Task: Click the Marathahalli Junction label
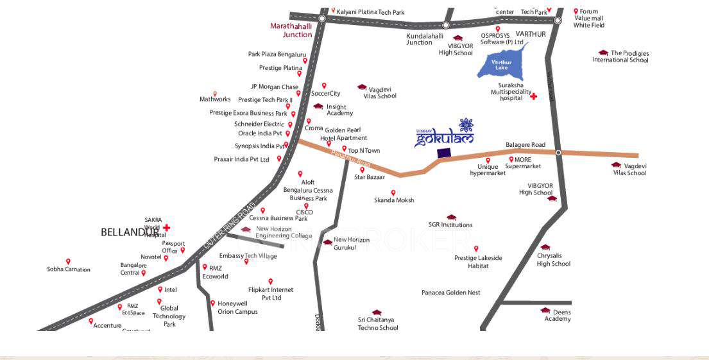[x=291, y=30]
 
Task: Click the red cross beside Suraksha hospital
[x=533, y=97]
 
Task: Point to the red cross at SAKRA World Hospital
[x=167, y=227]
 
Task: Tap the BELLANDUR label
[x=129, y=232]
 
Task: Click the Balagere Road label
[x=525, y=145]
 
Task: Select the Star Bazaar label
[x=370, y=176]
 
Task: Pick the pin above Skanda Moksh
[x=393, y=192]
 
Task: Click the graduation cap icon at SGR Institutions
[x=451, y=218]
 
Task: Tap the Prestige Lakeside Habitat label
[x=478, y=262]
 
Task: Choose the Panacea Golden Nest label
[x=450, y=293]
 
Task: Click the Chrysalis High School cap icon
[x=545, y=247]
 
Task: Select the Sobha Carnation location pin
[x=68, y=261]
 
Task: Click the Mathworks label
[x=215, y=99]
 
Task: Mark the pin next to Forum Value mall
[x=576, y=12]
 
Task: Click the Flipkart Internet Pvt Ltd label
[x=271, y=294]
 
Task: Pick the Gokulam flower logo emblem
[x=466, y=125]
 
